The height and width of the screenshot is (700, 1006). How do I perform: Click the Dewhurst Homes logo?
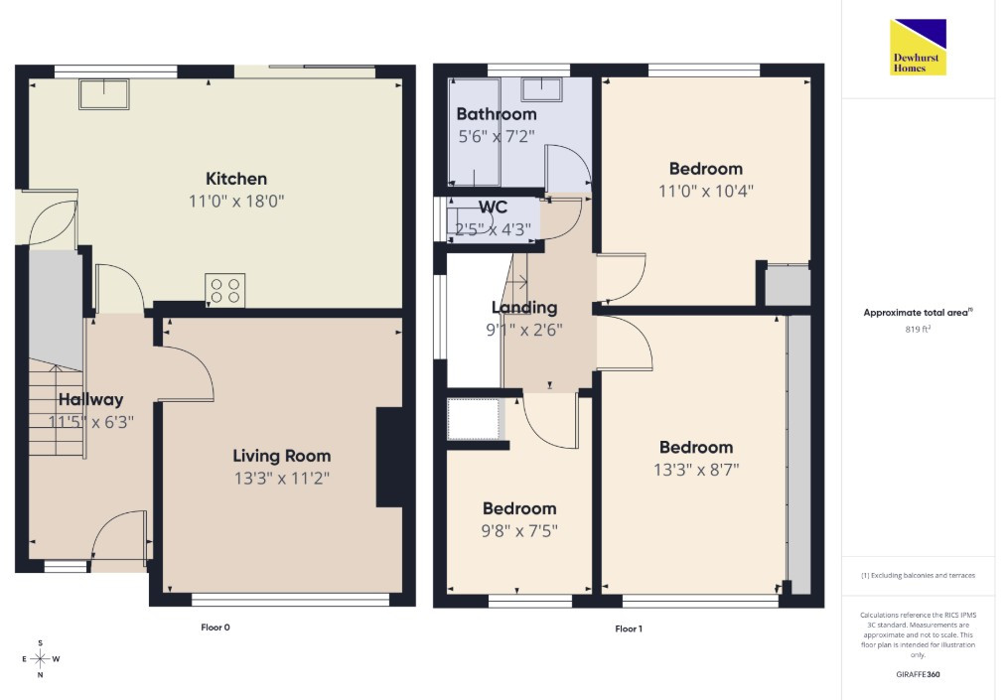coord(918,48)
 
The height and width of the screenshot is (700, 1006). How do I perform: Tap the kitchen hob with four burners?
coord(224,290)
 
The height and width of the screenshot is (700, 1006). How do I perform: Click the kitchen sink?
coord(104,94)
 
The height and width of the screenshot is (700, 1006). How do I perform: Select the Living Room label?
coord(282,456)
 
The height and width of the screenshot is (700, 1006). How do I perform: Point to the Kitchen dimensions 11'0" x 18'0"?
coord(236,202)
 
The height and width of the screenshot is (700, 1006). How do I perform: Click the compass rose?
coord(41,658)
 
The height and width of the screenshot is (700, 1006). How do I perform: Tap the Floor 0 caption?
coord(215,628)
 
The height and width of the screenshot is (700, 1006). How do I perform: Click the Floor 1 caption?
coord(628,629)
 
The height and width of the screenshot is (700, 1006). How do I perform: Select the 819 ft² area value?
coord(918,329)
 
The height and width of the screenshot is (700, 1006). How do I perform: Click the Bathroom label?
coord(497,114)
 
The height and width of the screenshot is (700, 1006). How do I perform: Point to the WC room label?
coord(493,208)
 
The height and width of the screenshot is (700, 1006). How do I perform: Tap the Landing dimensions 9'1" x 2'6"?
coord(524,330)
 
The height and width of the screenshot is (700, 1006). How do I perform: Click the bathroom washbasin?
coord(541,89)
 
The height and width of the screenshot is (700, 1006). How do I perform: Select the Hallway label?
coord(90,400)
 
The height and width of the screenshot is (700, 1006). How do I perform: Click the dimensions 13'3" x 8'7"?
coord(696,470)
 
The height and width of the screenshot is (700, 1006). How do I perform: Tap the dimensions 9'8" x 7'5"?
coord(519,531)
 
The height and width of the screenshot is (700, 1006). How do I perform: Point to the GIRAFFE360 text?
coord(918,674)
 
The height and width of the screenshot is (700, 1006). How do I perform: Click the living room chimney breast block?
coord(389,458)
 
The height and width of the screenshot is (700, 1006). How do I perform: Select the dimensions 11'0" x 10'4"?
coord(706,192)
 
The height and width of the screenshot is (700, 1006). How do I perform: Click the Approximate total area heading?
coord(918,313)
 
